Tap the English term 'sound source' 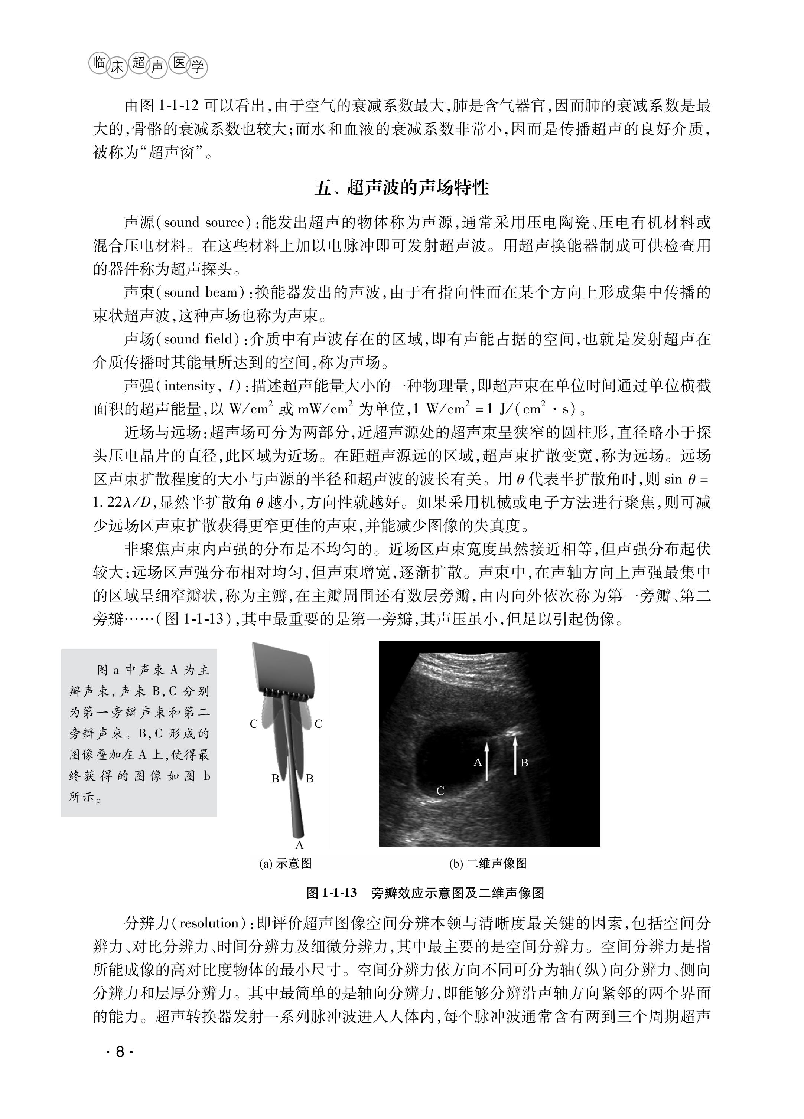(x=204, y=223)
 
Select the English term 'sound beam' (x=201, y=292)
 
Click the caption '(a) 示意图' (x=285, y=863)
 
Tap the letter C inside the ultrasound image (x=440, y=791)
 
